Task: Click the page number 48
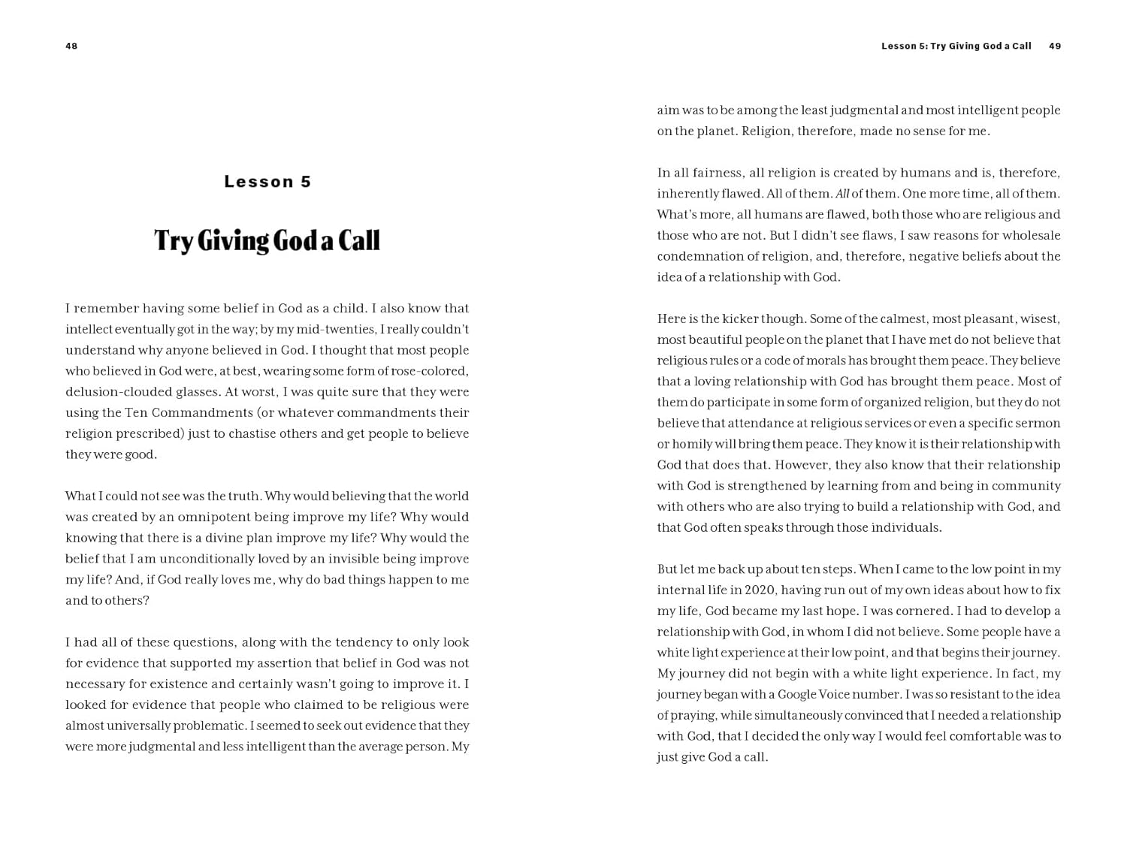tap(71, 47)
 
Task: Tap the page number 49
tap(1055, 47)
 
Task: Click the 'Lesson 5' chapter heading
tap(267, 182)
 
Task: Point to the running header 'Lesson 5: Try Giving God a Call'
tap(956, 47)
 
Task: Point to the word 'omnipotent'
tap(235, 518)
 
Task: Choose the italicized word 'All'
tap(842, 194)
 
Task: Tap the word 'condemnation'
tap(698, 257)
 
